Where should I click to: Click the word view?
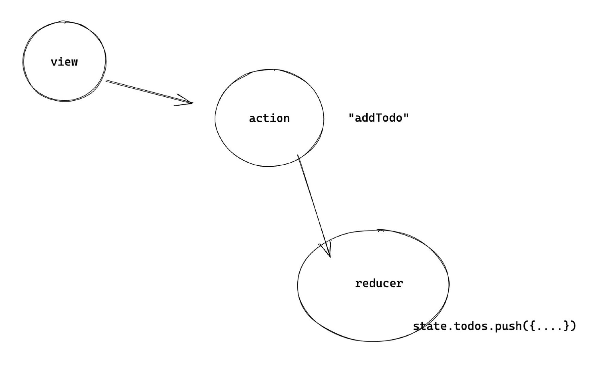tap(64, 62)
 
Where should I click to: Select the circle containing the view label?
tap(23, 61)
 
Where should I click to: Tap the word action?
tap(269, 118)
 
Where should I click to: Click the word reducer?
tap(379, 283)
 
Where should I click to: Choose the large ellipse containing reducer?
tap(298, 285)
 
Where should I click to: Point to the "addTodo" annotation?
tap(379, 118)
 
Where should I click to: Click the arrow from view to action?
tap(150, 92)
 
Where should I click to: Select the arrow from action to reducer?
tap(314, 206)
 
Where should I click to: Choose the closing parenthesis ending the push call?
tap(573, 326)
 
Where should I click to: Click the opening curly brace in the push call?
tap(533, 326)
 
